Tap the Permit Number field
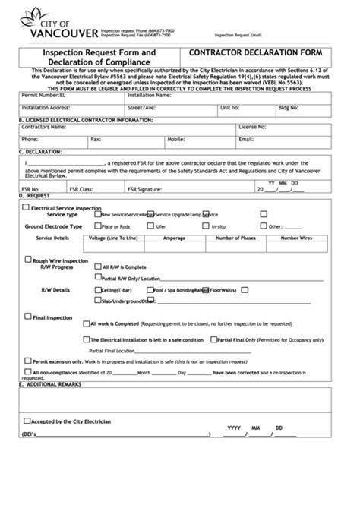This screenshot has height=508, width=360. coord(84,96)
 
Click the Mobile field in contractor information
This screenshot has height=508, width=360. coord(208,140)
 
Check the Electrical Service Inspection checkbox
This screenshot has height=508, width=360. coord(27,207)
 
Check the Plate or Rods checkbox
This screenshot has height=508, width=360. coord(97,226)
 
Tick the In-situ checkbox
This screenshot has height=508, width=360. coord(206,226)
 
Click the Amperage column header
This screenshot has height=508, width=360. coord(174,238)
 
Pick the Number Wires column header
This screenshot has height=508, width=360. coord(295,238)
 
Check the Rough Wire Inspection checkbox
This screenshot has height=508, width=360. coord(27,260)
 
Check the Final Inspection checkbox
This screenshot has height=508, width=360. coord(27,317)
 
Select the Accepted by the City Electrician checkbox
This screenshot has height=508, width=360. coord(27,420)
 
